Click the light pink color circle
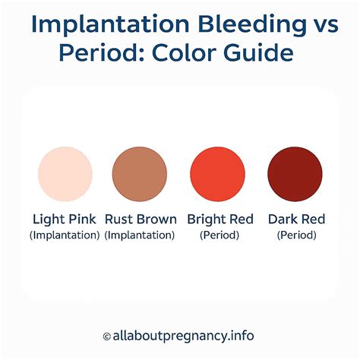click(65, 172)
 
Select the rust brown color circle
click(139, 172)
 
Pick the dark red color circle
click(295, 172)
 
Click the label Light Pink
click(65, 219)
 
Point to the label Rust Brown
click(140, 219)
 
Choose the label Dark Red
click(296, 219)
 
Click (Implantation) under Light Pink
click(65, 235)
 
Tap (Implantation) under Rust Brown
click(140, 235)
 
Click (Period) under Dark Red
click(296, 235)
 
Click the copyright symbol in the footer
click(106, 335)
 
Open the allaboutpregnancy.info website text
click(185, 335)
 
